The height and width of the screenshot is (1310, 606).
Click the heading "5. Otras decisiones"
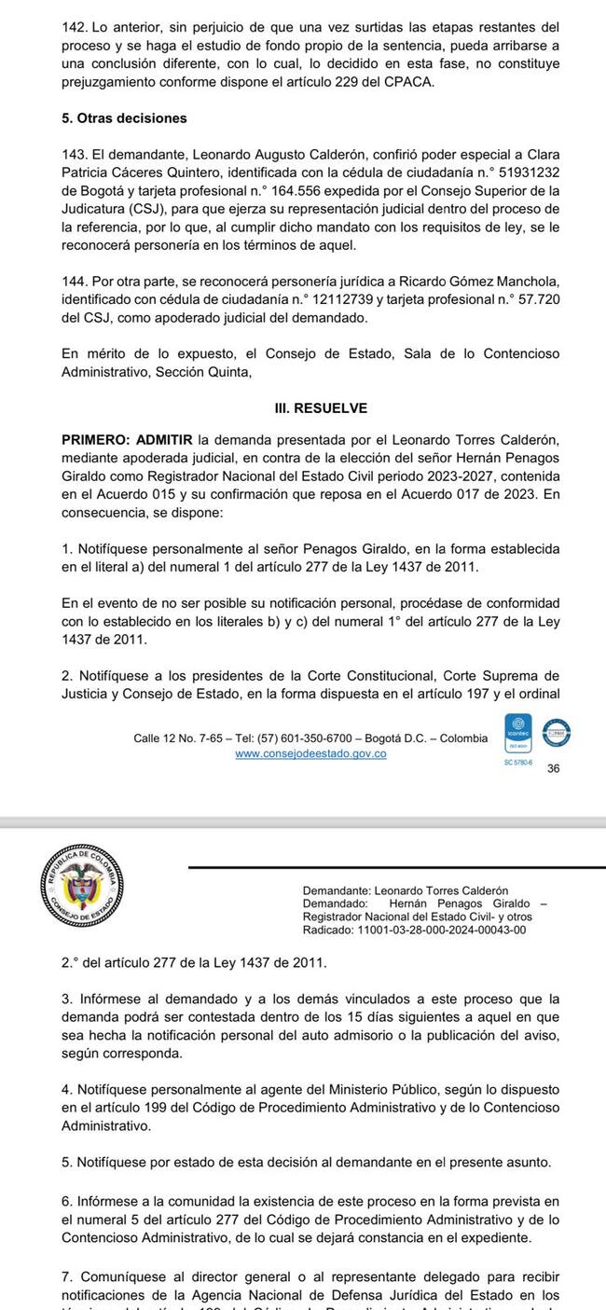124,118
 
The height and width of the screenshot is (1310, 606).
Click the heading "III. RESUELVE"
320,408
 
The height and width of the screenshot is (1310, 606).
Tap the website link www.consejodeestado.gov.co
310,753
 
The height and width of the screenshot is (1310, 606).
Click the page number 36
554,769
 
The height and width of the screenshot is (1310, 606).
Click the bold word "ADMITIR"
164,438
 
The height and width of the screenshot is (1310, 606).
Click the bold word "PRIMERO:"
95,438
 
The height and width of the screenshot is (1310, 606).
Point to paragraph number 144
74,282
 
